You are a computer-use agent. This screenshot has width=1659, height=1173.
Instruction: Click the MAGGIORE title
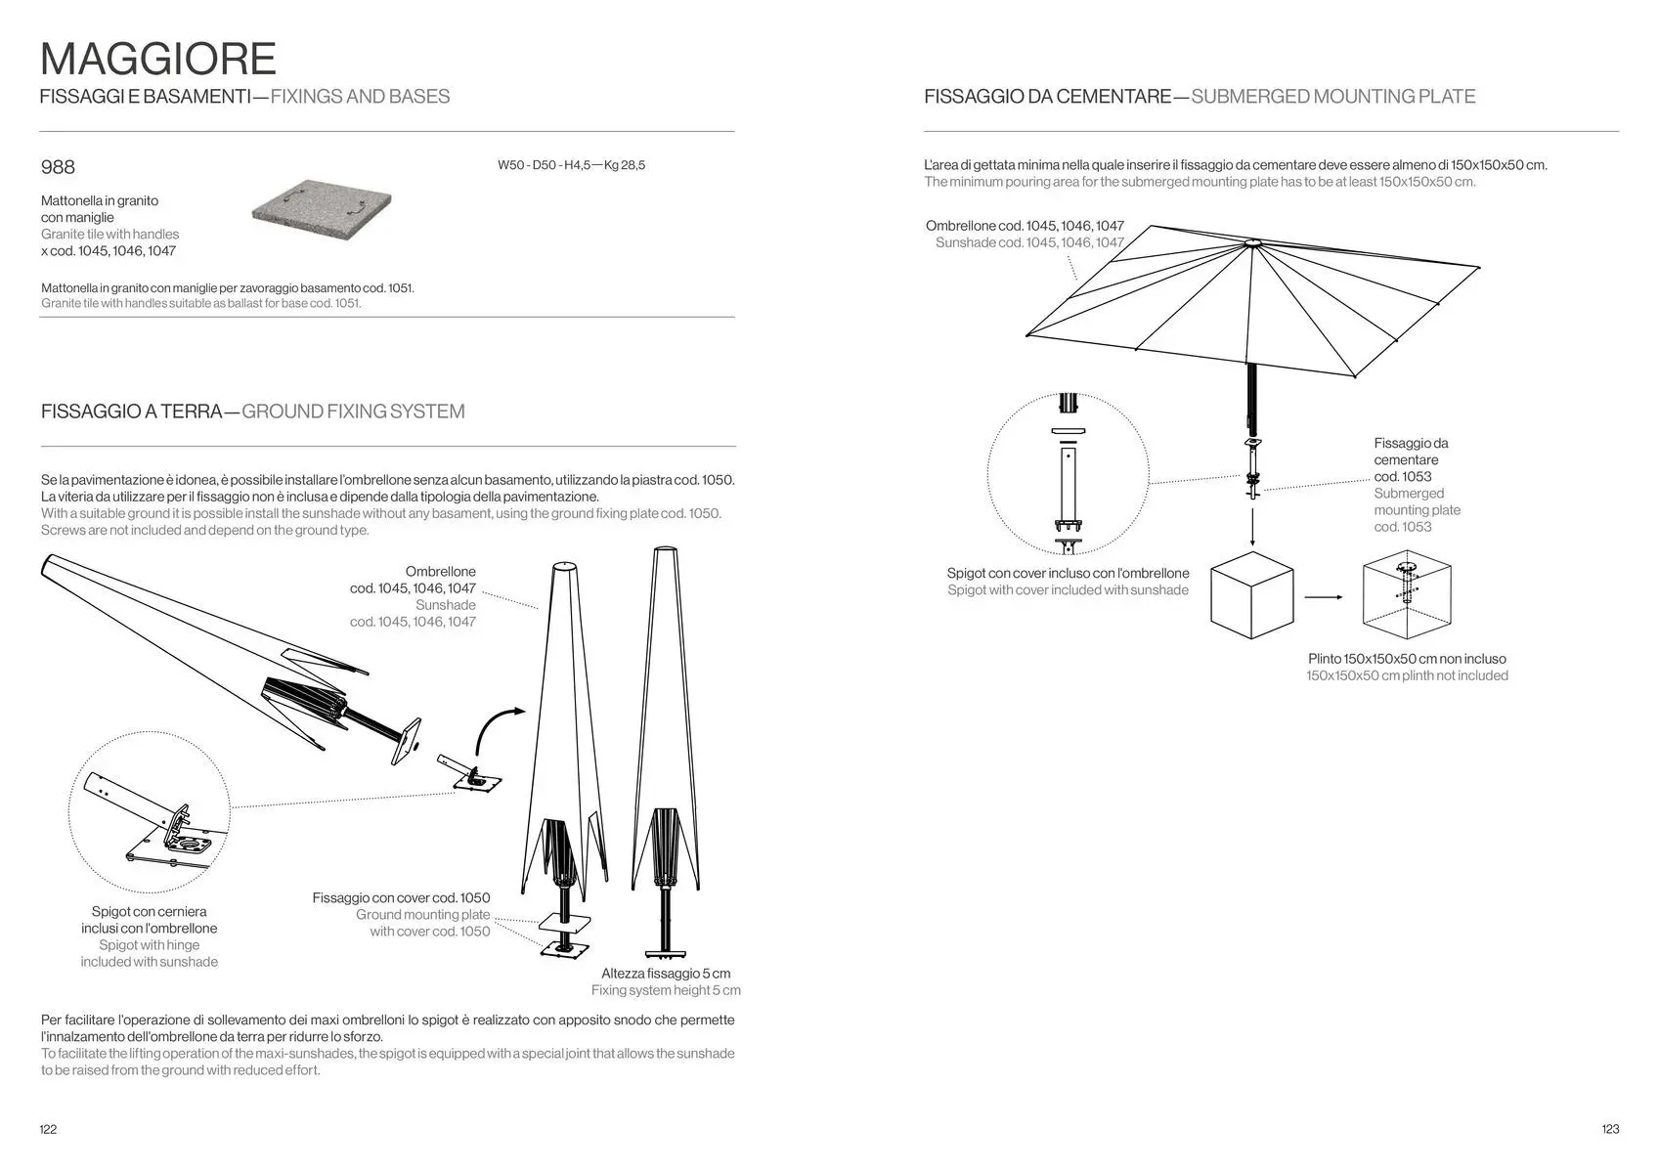158,59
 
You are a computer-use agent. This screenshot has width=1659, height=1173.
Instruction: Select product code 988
58,167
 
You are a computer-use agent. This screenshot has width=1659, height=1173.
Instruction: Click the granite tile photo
322,210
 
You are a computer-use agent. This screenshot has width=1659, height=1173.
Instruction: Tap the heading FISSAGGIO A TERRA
132,412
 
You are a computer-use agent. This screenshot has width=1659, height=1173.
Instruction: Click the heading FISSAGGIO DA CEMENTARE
1047,97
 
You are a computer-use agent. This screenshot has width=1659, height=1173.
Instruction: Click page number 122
48,1129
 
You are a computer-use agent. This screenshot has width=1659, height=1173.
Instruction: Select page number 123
1610,1129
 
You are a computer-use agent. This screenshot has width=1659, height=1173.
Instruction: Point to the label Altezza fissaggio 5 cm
666,974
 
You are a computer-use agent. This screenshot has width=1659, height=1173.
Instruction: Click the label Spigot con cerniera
149,912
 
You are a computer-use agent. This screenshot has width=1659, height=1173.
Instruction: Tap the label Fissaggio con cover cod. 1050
401,897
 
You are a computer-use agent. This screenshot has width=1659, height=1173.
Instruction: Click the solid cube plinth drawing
1251,595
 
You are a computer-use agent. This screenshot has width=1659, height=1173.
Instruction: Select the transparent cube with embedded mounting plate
1406,595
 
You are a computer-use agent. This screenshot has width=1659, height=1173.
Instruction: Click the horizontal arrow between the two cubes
1324,597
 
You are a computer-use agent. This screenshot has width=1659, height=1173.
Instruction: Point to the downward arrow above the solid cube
1251,527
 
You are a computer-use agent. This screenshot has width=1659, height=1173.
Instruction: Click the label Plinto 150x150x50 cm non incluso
1407,659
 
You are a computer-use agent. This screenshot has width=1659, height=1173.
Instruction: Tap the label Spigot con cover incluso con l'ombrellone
1068,573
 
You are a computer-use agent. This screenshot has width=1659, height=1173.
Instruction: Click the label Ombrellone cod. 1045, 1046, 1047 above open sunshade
1025,226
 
